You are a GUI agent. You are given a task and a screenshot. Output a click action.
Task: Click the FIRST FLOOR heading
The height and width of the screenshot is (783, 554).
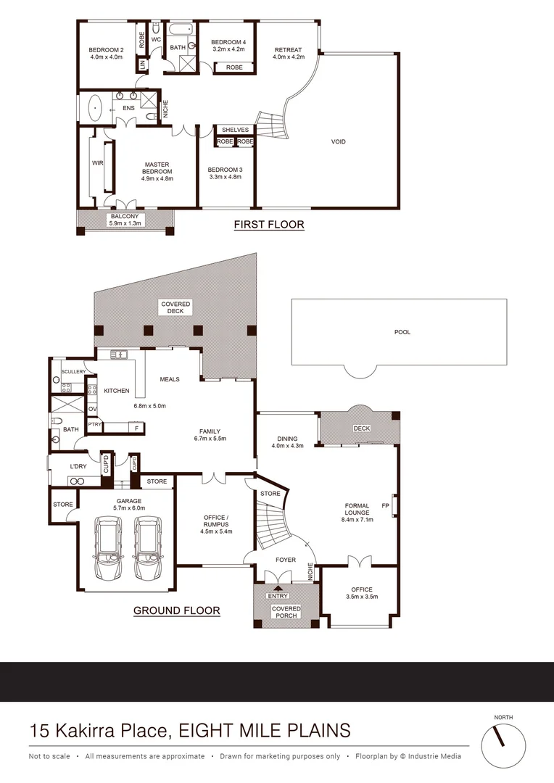coord(268,225)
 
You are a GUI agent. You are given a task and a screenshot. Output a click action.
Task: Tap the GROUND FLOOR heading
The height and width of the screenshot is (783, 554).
coord(176,610)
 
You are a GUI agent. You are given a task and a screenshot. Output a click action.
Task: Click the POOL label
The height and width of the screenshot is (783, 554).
coord(402,332)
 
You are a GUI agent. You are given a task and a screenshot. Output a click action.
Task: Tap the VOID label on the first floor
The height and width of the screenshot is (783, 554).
coord(338,141)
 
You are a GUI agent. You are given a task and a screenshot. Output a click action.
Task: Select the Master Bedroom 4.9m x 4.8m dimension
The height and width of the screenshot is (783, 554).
coord(157,178)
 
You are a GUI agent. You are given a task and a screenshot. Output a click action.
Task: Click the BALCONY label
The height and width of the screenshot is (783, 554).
coord(125,216)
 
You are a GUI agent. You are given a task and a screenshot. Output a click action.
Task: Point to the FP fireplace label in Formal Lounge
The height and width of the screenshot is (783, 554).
coord(385,505)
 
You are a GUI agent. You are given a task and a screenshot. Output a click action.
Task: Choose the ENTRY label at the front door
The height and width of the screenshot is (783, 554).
coord(278,596)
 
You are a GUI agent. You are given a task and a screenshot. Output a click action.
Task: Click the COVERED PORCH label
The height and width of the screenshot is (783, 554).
coord(286,612)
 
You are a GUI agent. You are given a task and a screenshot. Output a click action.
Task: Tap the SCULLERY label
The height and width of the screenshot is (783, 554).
coord(74,371)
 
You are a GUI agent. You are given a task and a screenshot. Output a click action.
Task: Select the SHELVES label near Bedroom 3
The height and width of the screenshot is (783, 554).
coord(235,130)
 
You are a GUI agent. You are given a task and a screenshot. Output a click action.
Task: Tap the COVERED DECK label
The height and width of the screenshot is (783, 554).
coord(175,307)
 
